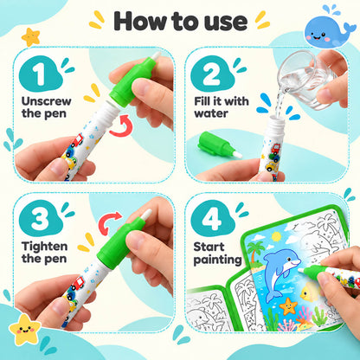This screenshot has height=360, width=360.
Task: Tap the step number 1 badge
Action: [41, 74]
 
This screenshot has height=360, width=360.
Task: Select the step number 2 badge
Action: [212, 74]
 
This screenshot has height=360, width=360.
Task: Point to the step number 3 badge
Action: [41, 218]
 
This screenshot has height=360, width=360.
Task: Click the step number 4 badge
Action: [212, 218]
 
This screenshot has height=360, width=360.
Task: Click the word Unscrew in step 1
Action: [46, 101]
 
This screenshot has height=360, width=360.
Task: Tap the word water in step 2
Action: [211, 113]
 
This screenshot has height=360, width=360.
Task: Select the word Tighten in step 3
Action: [44, 247]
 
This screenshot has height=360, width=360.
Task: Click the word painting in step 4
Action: [217, 260]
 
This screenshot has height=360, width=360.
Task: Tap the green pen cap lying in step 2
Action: [219, 145]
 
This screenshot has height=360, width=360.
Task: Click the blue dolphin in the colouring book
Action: [280, 273]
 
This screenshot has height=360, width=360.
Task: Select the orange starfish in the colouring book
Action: [288, 306]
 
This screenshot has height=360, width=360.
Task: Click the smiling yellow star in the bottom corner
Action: [25, 330]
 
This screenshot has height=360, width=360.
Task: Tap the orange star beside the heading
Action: [30, 37]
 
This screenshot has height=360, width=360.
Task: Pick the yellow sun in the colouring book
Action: [276, 236]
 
